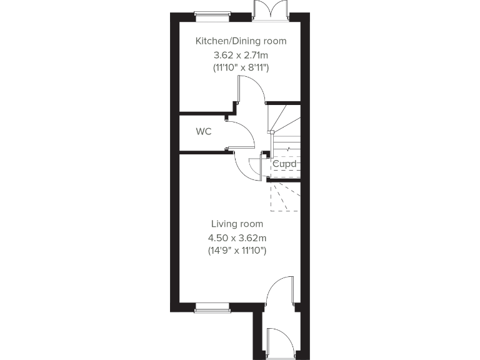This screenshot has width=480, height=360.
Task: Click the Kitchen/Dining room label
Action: (241, 41)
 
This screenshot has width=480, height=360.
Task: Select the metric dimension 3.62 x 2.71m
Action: (241, 54)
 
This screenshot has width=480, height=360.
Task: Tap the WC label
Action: (202, 132)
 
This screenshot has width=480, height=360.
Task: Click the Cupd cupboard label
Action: (284, 165)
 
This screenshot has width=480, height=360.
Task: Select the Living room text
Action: (237, 224)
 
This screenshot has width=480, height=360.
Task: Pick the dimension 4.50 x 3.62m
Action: (237, 237)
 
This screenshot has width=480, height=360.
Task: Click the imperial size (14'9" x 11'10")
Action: (237, 250)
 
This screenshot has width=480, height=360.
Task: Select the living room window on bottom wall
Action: (212, 307)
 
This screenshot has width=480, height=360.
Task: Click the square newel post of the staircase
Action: (271, 132)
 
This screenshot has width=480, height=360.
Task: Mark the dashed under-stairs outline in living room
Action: (284, 197)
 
